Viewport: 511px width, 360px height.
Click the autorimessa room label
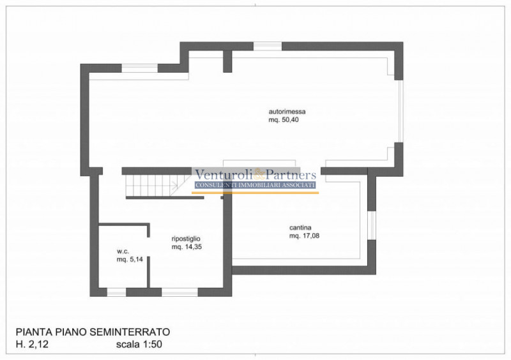click(x=287, y=112)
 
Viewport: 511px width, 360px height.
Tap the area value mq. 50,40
click(x=284, y=119)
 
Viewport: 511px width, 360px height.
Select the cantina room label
click(x=300, y=227)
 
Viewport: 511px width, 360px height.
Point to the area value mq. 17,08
click(x=305, y=236)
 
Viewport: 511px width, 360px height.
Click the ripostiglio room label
click(x=186, y=239)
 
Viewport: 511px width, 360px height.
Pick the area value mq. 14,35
click(x=187, y=246)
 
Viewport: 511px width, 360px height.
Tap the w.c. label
click(x=123, y=251)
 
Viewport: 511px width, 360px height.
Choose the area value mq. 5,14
click(x=130, y=259)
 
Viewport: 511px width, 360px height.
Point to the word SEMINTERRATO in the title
click(x=130, y=332)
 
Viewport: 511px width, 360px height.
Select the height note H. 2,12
click(x=32, y=344)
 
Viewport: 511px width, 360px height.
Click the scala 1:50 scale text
click(x=139, y=344)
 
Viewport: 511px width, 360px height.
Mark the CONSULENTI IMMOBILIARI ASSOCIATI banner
click(x=255, y=185)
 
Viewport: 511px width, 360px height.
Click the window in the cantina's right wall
click(x=372, y=225)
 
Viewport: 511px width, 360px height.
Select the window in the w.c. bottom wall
click(x=117, y=292)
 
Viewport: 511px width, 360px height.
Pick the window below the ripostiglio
click(x=179, y=292)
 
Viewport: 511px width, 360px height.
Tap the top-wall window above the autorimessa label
click(x=268, y=46)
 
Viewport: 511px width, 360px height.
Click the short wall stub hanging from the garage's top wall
click(x=227, y=61)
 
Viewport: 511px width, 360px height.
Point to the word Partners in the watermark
click(x=291, y=175)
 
